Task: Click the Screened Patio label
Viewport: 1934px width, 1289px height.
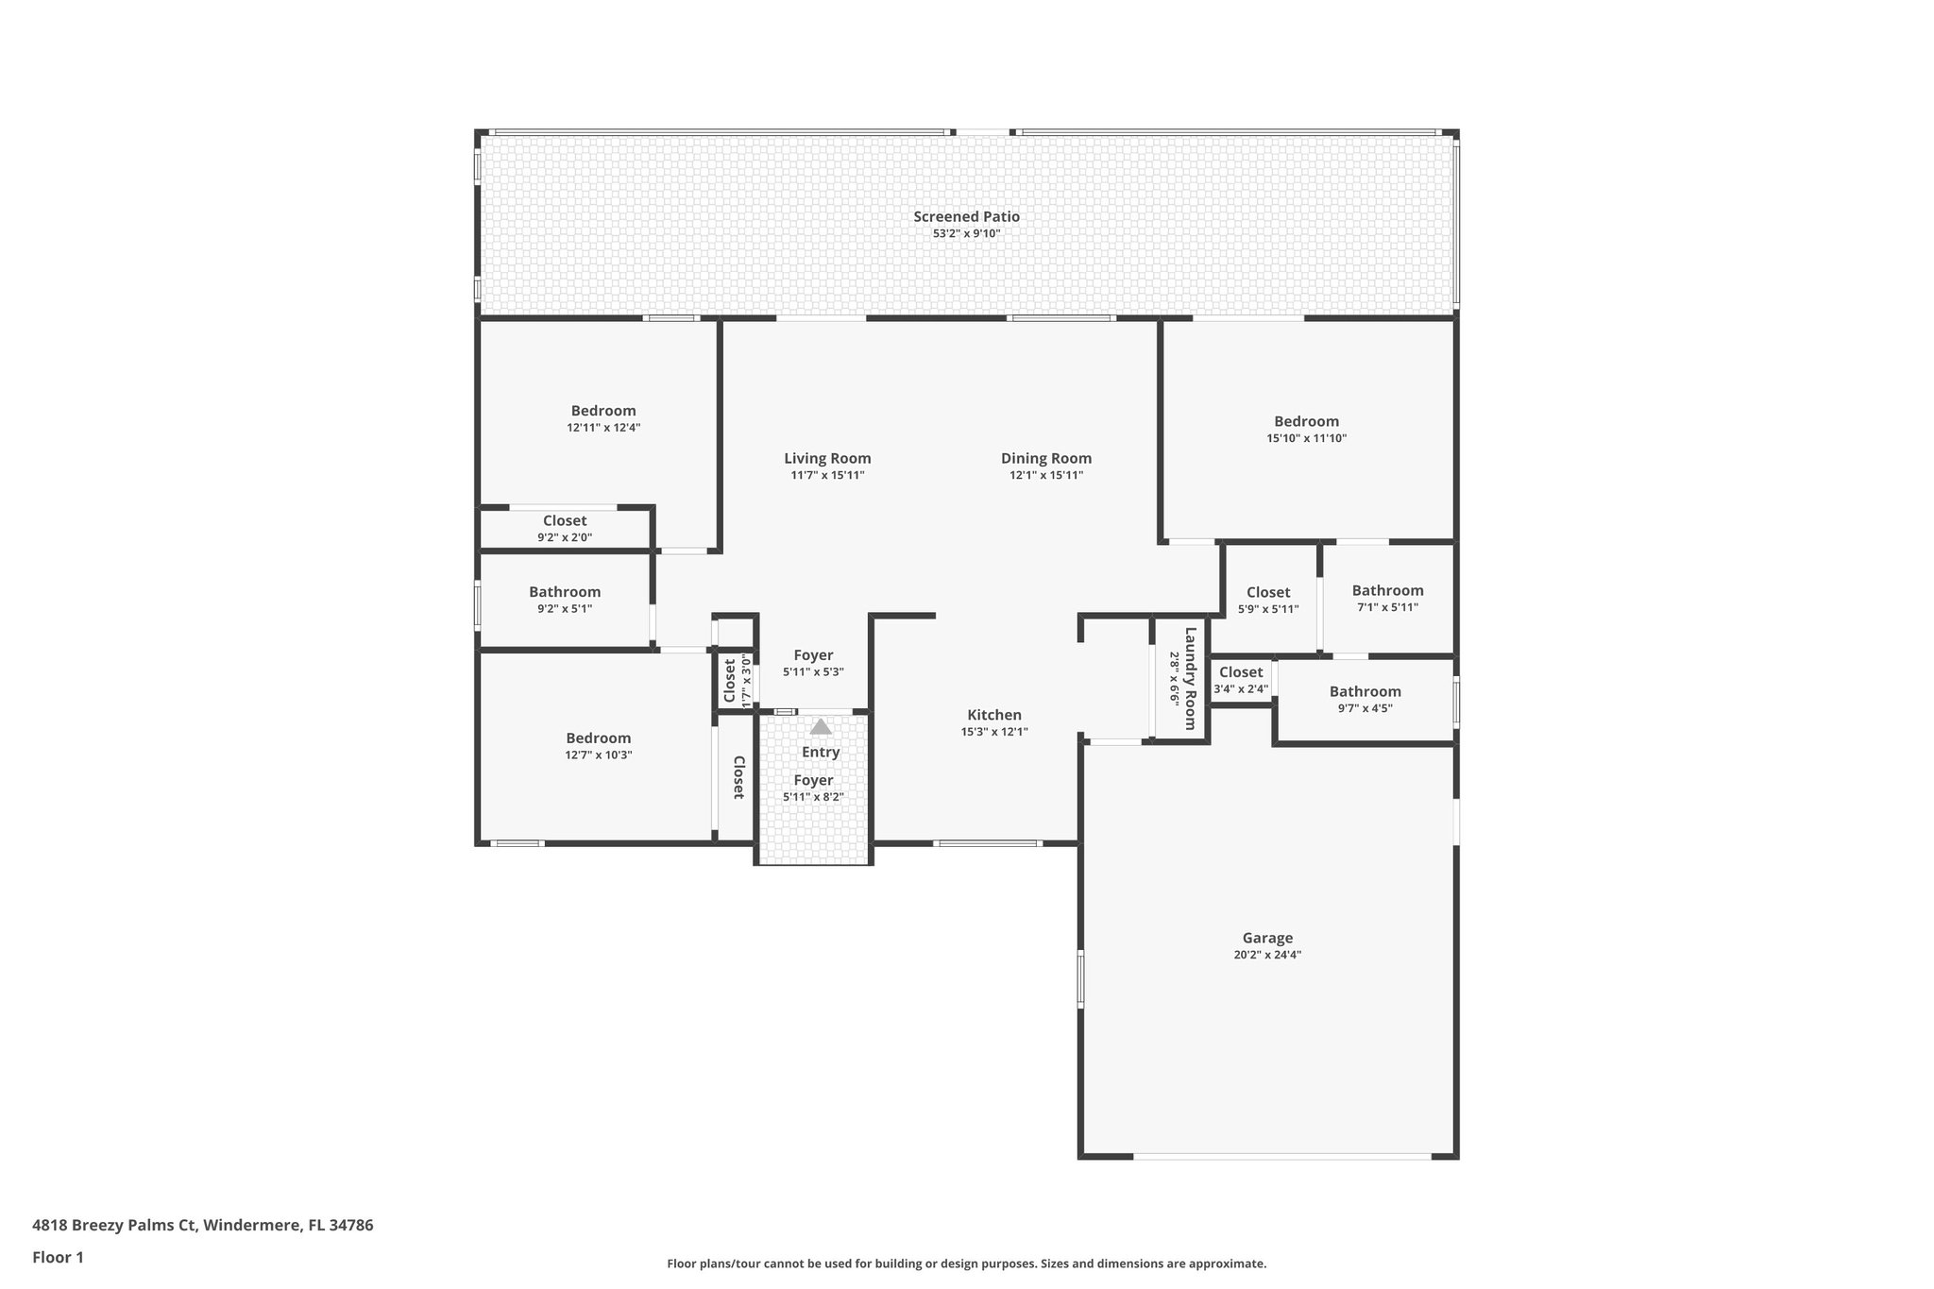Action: tap(966, 216)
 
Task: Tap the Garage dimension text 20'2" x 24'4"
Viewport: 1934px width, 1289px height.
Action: tap(1266, 955)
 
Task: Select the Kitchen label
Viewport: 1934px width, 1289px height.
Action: tap(993, 715)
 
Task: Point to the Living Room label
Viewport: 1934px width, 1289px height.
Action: tap(827, 459)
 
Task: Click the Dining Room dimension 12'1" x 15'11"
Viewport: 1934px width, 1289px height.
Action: tap(1046, 475)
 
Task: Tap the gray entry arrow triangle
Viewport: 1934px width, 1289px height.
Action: tap(821, 727)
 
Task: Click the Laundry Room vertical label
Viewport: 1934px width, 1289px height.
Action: tap(1190, 678)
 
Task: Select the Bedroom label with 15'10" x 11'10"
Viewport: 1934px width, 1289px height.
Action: tap(1306, 421)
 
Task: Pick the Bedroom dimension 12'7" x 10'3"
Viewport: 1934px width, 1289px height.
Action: tap(598, 755)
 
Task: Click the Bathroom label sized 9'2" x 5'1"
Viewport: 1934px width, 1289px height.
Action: tap(565, 592)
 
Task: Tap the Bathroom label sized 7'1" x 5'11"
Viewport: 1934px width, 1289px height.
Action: tap(1387, 590)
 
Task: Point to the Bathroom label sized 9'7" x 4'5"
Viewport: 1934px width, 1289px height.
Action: tap(1365, 691)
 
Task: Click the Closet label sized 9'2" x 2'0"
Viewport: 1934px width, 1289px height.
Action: tap(565, 520)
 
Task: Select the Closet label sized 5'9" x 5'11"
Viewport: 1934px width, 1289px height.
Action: tap(1267, 592)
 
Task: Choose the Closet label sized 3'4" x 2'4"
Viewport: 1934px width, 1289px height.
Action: tap(1240, 672)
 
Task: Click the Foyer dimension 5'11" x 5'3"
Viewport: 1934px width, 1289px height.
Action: tap(813, 672)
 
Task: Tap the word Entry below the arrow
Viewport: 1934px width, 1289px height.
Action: tap(821, 752)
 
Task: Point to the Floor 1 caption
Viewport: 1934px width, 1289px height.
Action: tap(58, 1257)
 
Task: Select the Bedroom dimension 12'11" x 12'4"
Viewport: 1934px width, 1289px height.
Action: tap(603, 427)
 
